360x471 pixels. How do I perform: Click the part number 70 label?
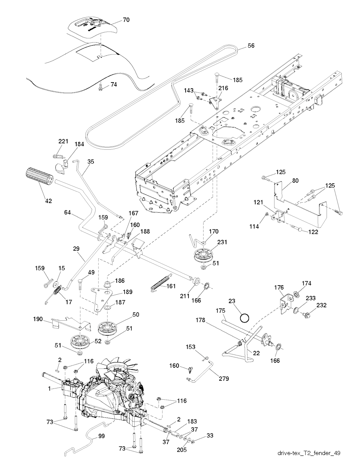point(126,20)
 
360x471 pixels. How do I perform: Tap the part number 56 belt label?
point(251,46)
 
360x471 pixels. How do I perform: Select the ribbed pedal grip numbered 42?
point(39,176)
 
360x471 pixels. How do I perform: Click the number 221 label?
point(63,141)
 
